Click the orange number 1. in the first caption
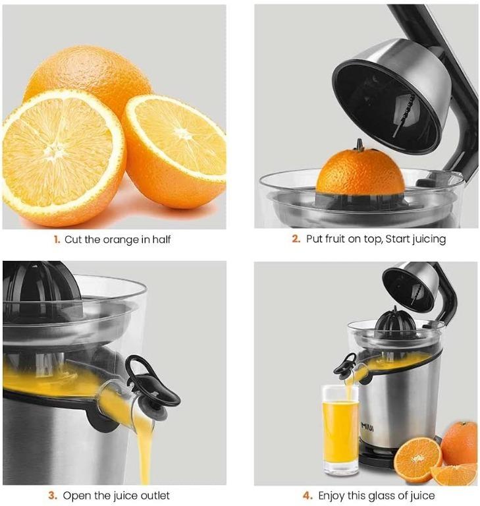point(57,240)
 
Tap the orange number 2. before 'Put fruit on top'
point(296,239)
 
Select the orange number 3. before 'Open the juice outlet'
point(53,495)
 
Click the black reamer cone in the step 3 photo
point(40,283)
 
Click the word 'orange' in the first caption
point(122,240)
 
